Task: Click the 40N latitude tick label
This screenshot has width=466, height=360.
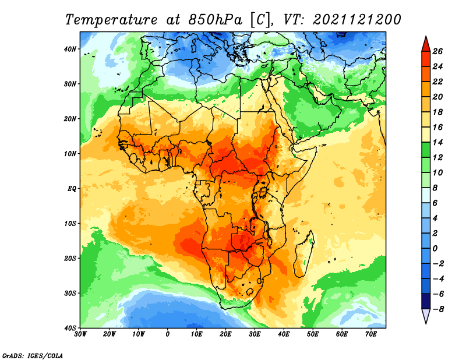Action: click(x=70, y=49)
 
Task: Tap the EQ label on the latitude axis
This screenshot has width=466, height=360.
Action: click(x=72, y=189)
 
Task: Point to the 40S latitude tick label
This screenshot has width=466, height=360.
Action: click(x=70, y=328)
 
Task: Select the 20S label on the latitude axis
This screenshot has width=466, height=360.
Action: click(x=70, y=258)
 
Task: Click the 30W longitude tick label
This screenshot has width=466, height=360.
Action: click(x=80, y=334)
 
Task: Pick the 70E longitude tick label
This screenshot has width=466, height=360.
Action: click(x=371, y=334)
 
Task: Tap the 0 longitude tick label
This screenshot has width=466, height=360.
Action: click(x=168, y=334)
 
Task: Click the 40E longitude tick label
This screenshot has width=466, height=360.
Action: click(x=284, y=334)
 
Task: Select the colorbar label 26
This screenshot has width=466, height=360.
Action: click(x=437, y=51)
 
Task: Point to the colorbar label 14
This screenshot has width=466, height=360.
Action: click(x=437, y=142)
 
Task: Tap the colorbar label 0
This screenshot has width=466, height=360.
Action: click(x=435, y=249)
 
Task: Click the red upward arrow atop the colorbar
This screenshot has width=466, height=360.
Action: click(x=426, y=44)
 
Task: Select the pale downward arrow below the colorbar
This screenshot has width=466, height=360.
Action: click(x=426, y=316)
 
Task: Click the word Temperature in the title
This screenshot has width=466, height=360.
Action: click(x=111, y=20)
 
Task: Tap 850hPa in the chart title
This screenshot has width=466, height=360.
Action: click(x=216, y=20)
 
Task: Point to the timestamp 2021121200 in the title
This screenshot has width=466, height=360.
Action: click(x=357, y=20)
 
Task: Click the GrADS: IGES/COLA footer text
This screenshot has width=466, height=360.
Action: click(x=33, y=355)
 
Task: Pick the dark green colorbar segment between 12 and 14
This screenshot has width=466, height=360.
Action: click(x=426, y=150)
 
